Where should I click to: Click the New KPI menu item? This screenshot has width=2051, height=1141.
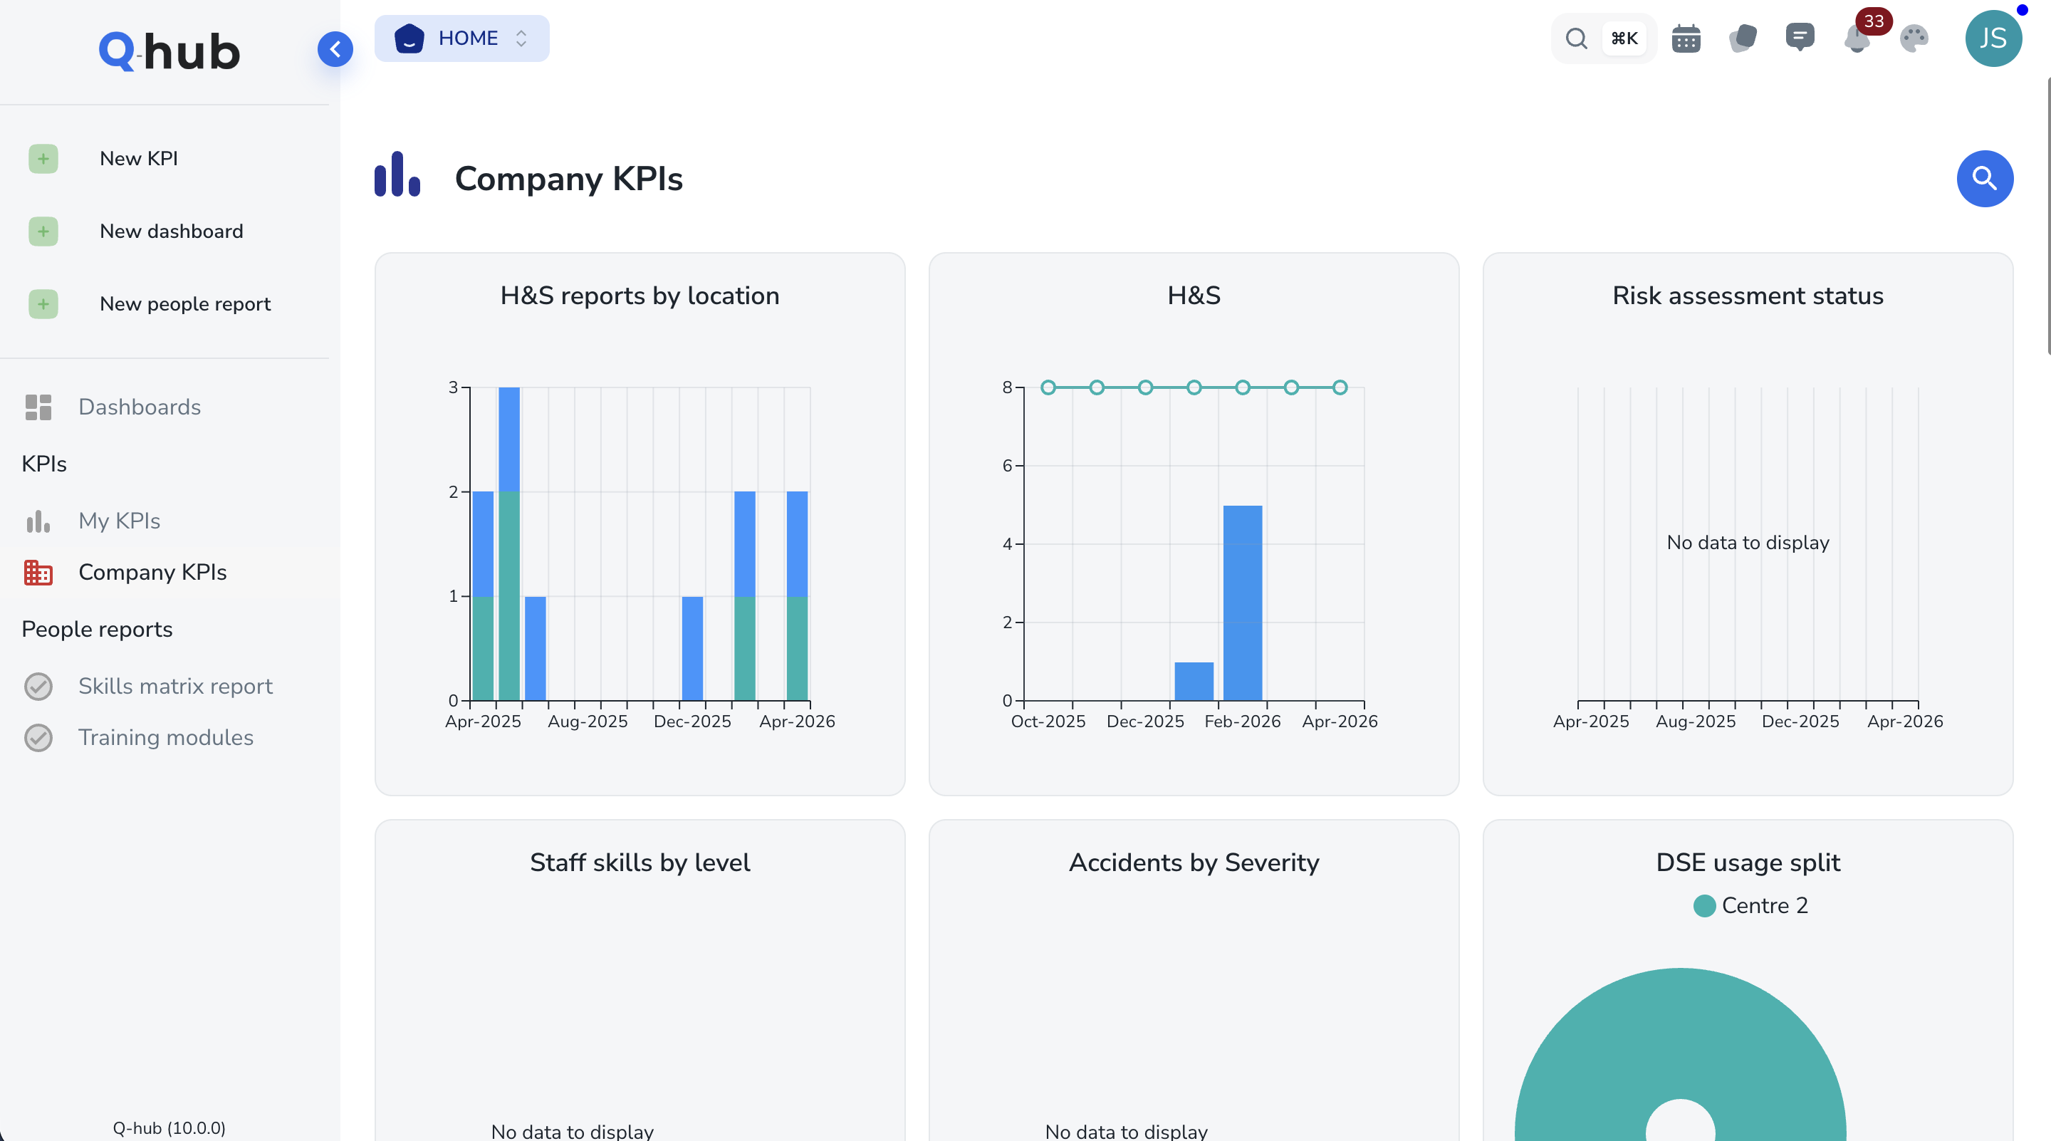click(x=139, y=158)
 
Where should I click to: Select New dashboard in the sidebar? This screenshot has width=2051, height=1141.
click(x=171, y=231)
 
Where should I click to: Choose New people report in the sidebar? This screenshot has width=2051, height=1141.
click(x=184, y=303)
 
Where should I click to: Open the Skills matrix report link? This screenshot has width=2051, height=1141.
click(x=175, y=686)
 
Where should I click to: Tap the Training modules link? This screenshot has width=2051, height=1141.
click(x=166, y=737)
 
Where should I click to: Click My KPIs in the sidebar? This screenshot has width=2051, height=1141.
click(x=120, y=521)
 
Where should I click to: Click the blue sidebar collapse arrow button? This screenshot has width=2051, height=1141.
click(x=335, y=49)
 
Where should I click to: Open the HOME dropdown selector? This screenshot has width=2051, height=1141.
click(x=461, y=38)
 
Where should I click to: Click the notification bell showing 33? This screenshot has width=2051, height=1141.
click(x=1857, y=38)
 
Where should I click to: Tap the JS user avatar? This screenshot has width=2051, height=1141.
click(x=1993, y=38)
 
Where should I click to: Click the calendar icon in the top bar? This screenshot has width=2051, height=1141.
click(x=1686, y=38)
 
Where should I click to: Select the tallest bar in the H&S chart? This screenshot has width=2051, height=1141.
click(x=1242, y=602)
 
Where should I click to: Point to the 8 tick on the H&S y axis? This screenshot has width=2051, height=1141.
click(x=1007, y=387)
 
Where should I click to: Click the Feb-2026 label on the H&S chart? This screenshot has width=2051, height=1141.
click(x=1242, y=721)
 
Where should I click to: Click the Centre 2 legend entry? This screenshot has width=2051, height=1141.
click(x=1751, y=905)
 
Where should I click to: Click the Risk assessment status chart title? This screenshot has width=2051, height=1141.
click(x=1748, y=296)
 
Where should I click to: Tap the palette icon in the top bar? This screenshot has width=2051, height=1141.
click(x=1914, y=38)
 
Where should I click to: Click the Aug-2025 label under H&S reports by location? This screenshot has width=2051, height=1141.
click(x=588, y=721)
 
